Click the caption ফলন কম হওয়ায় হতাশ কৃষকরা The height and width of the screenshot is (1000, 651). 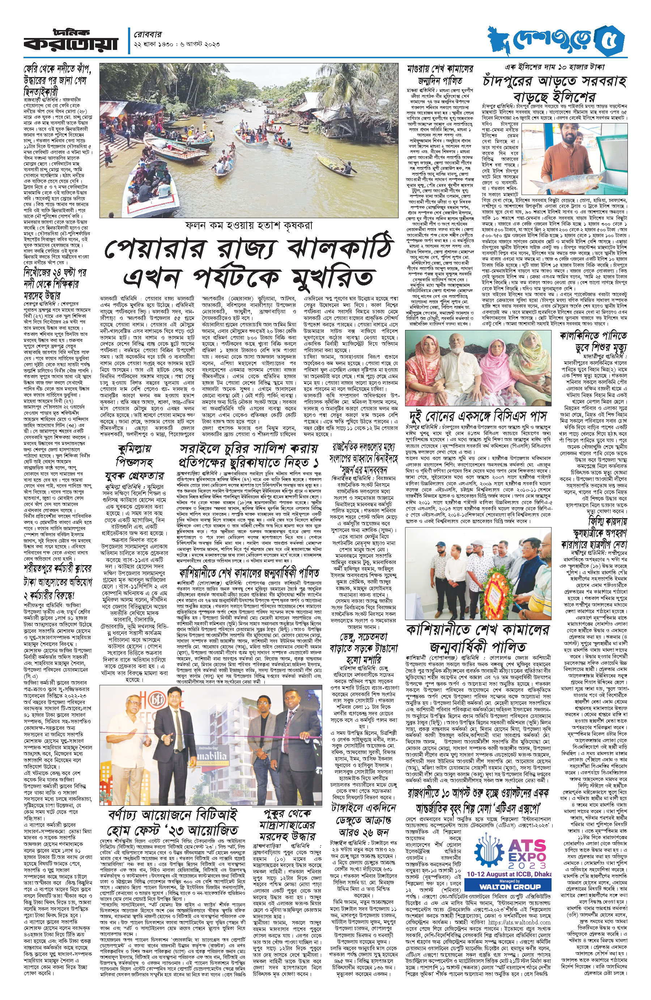[x=248, y=225]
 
